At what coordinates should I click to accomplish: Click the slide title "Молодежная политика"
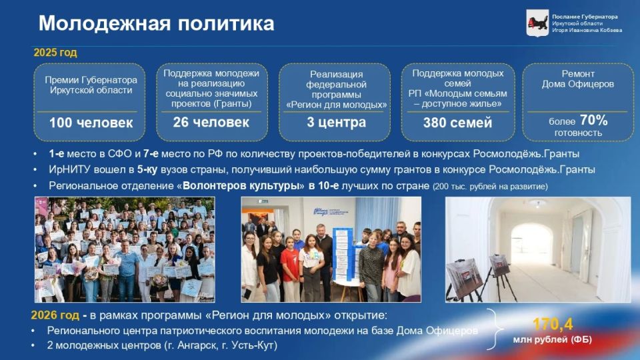156,23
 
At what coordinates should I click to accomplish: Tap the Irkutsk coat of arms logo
537,23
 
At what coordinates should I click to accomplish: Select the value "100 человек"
91,123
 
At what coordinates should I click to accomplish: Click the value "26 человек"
211,122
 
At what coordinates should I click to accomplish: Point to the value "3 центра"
337,122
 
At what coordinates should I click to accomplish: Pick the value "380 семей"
457,123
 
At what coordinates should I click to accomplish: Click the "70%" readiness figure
593,120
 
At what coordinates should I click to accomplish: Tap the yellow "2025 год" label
55,53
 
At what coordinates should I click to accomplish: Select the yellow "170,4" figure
553,324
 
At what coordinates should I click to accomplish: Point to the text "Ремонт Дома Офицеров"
578,79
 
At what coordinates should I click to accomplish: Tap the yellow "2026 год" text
56,315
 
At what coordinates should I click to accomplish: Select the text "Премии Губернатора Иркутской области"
91,85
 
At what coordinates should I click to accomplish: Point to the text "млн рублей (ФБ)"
552,340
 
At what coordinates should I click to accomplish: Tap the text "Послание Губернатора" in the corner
585,17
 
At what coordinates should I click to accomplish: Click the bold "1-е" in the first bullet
57,153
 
